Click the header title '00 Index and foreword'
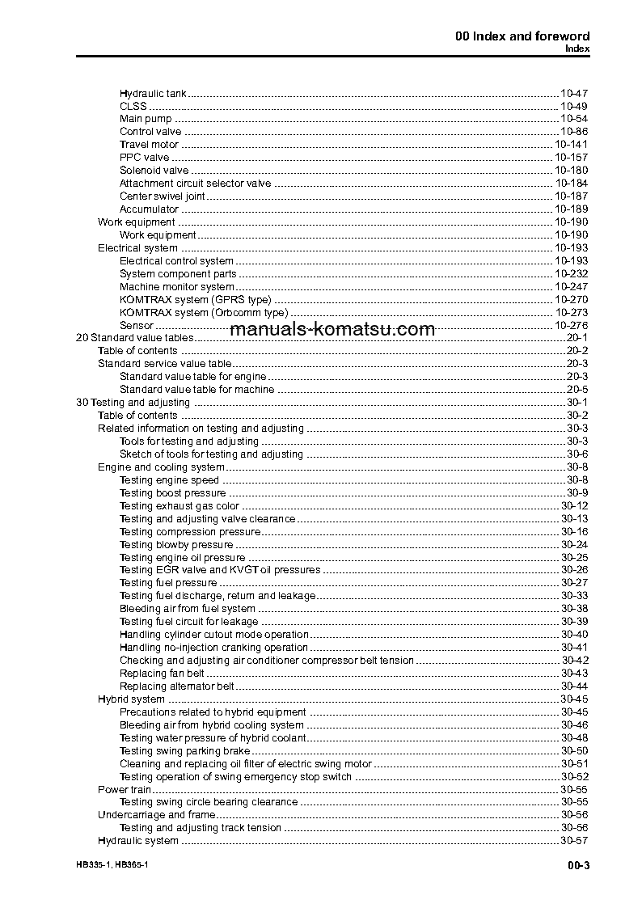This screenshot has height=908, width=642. click(522, 36)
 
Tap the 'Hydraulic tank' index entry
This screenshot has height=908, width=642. click(153, 94)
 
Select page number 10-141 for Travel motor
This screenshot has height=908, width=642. click(571, 145)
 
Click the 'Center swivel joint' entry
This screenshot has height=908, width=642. click(162, 196)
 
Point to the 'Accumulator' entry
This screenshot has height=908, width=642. click(149, 209)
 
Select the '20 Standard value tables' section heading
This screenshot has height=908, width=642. click(134, 337)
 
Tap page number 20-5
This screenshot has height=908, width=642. click(577, 389)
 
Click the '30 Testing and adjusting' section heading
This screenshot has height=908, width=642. click(133, 402)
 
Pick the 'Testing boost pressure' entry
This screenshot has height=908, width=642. click(172, 492)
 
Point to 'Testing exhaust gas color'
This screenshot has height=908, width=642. click(179, 506)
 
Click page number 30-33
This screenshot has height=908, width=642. click(574, 596)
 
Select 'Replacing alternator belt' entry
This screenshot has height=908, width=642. click(176, 686)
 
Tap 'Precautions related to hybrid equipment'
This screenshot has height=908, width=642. click(213, 712)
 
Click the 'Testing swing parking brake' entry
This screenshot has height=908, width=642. click(184, 751)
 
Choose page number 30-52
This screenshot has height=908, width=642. click(574, 777)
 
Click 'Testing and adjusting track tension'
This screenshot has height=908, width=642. click(201, 828)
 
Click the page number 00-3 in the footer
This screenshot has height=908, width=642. click(578, 866)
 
